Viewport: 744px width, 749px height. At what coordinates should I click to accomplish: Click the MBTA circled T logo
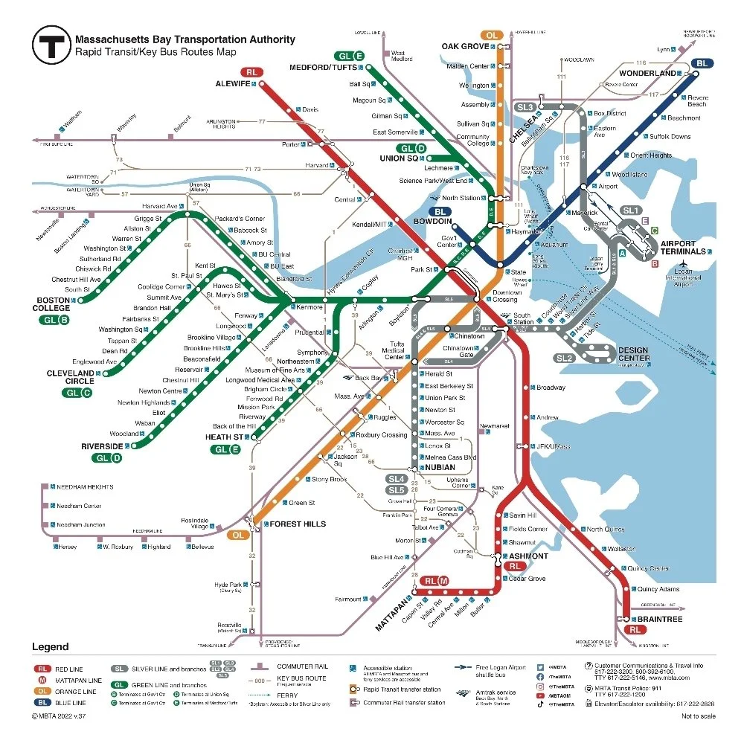coord(51,46)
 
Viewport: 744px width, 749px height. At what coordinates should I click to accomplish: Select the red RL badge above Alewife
coord(251,72)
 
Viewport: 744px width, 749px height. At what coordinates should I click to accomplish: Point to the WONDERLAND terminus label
coord(647,74)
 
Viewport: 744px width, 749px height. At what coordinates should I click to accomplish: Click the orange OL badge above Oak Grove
coord(491,35)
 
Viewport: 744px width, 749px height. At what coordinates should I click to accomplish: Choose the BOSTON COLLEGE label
coord(53,304)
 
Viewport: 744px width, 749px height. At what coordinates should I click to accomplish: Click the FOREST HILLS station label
coord(297,524)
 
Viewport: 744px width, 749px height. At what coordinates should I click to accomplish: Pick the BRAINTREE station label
coord(656,619)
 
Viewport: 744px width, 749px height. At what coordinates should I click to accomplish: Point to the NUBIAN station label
coord(440,467)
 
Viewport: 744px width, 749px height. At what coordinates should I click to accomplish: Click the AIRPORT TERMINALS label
coord(682,248)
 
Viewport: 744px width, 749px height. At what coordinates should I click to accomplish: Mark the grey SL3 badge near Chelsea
coord(525,107)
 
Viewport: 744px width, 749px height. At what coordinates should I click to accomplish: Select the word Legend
coord(50,646)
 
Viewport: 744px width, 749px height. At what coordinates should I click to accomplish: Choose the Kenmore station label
coord(310,307)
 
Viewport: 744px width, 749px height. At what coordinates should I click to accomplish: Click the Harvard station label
coord(317,165)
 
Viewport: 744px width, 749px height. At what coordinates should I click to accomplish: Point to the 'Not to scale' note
coord(698,716)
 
